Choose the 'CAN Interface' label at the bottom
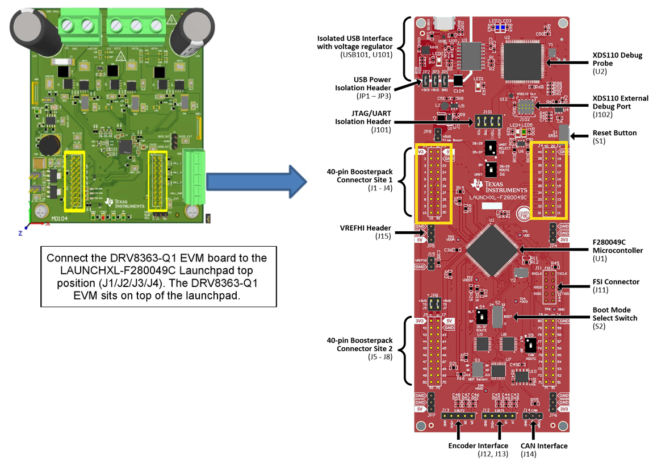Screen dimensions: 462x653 (543, 449)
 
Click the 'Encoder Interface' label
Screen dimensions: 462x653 (478, 449)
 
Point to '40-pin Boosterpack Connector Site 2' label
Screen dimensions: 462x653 (359, 348)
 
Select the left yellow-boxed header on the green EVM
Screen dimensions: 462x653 (75, 181)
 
